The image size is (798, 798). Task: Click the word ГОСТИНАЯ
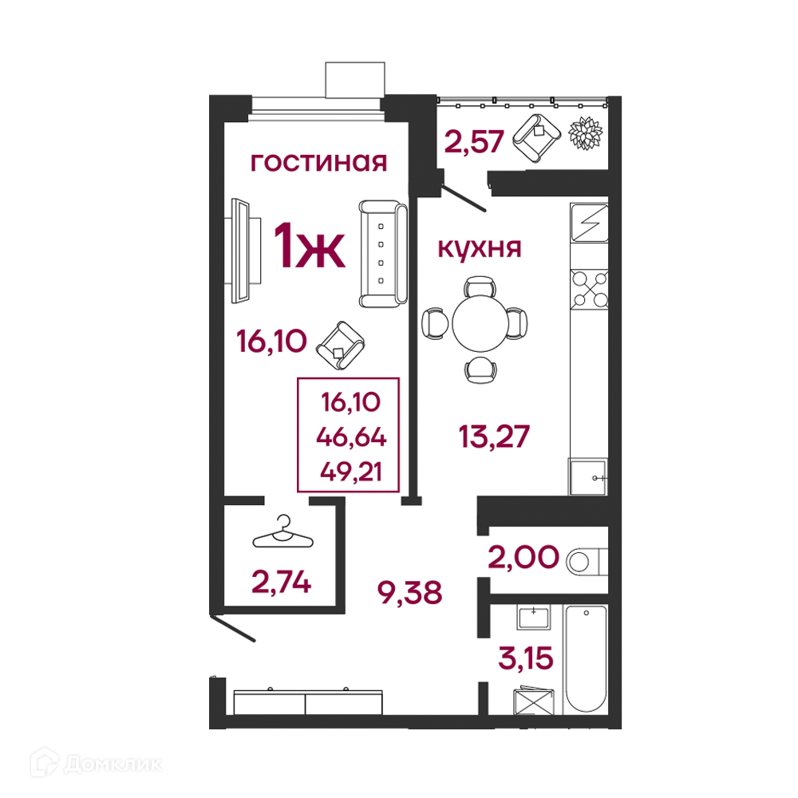point(318,163)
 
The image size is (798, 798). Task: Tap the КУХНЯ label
point(480,249)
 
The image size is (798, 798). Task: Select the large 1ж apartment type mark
point(310,246)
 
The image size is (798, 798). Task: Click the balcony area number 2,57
point(474,142)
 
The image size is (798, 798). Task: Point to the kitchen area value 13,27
point(494,437)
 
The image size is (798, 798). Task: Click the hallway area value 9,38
point(409,593)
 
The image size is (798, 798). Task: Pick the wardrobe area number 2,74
point(281,583)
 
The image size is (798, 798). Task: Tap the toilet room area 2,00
point(523,557)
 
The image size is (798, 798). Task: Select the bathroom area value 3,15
point(526,658)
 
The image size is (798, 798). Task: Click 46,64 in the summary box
point(351,437)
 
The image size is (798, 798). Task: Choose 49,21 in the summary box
point(351,472)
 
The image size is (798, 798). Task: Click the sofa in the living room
point(383,254)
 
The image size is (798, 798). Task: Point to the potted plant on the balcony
point(585,133)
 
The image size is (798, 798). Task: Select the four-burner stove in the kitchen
point(590,289)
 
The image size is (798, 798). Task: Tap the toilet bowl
point(587,562)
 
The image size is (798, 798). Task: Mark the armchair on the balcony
point(536,138)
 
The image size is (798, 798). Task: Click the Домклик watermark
point(97,764)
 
